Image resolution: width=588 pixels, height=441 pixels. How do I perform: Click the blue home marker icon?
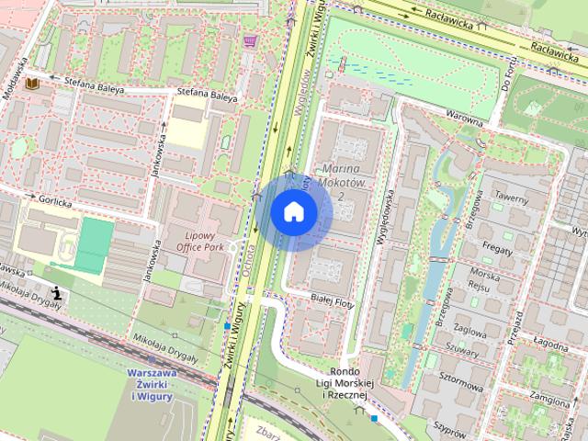(294, 211)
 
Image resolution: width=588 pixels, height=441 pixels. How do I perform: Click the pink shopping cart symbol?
(250, 41)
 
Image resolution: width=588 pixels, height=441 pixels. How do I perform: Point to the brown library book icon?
(34, 85)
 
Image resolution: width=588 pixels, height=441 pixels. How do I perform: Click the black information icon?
(59, 293)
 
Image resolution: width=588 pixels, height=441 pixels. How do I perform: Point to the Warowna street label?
(464, 118)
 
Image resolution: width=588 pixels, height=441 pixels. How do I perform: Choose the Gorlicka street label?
(55, 198)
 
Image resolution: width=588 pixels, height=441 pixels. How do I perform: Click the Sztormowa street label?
(461, 376)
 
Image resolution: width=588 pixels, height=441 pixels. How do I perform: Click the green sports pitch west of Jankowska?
(95, 245)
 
